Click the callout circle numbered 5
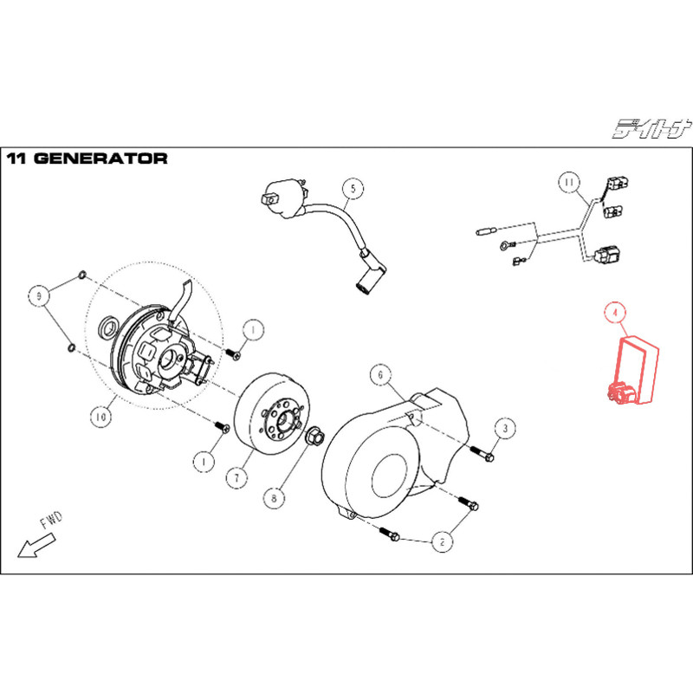click(352, 188)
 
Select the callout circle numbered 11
click(567, 183)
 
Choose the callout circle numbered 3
click(505, 427)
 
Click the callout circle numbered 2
click(442, 542)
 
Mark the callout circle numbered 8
click(275, 498)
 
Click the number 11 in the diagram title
click(17, 159)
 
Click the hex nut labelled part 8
click(315, 435)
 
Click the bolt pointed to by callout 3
click(481, 450)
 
